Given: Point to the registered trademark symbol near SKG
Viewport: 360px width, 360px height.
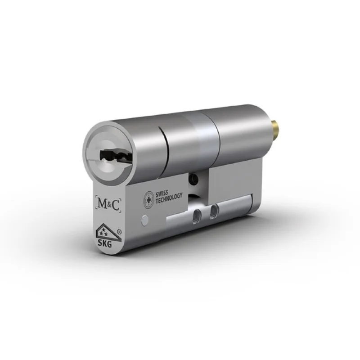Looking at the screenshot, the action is [x=119, y=231].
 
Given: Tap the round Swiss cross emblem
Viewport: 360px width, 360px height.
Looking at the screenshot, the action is [x=148, y=200].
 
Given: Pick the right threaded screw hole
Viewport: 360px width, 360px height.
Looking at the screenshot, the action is [x=215, y=210].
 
